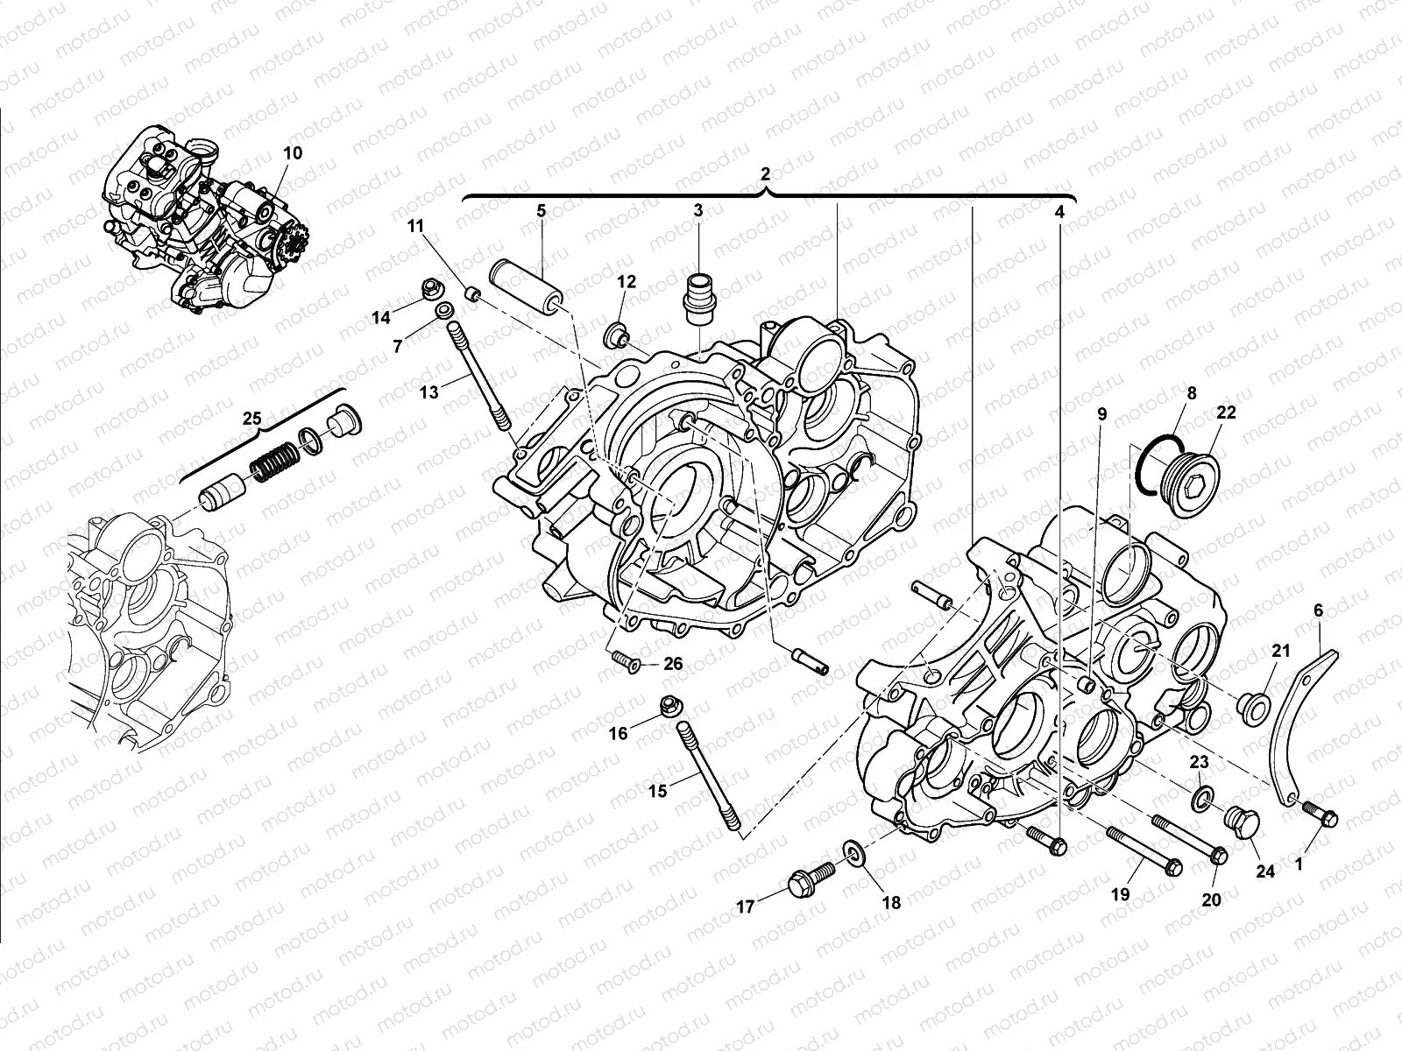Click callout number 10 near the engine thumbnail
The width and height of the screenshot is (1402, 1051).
point(293,152)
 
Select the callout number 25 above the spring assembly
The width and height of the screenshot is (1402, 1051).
point(252,420)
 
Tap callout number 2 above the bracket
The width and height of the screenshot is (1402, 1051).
point(765,173)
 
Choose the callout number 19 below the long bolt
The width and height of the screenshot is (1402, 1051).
point(1121,894)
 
